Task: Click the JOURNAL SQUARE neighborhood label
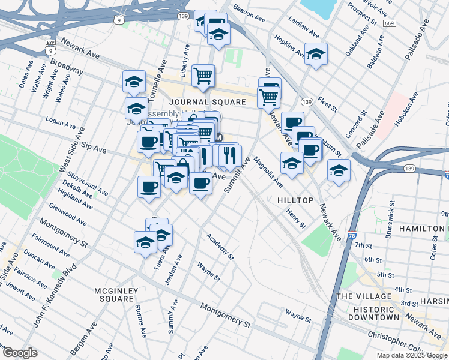coord(207,102)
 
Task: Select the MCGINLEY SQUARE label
coord(116,295)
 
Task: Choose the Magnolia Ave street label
coord(268,172)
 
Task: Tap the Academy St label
coord(220,247)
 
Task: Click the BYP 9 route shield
coord(50,47)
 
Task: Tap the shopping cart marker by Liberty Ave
coord(203,76)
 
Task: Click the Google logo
coord(20,353)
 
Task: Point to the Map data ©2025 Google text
coord(412,355)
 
